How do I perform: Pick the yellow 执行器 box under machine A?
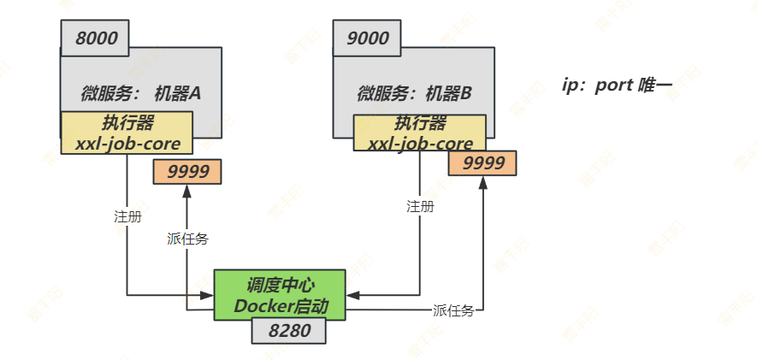point(127,133)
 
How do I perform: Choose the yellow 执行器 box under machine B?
point(419,133)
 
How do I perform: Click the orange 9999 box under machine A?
point(187,172)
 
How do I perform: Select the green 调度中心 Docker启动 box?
point(280,295)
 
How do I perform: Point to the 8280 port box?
point(289,331)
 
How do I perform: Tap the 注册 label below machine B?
point(420,206)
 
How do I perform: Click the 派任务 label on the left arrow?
point(187,239)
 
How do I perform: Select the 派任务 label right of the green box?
point(453,311)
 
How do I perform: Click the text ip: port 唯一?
point(617,86)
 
